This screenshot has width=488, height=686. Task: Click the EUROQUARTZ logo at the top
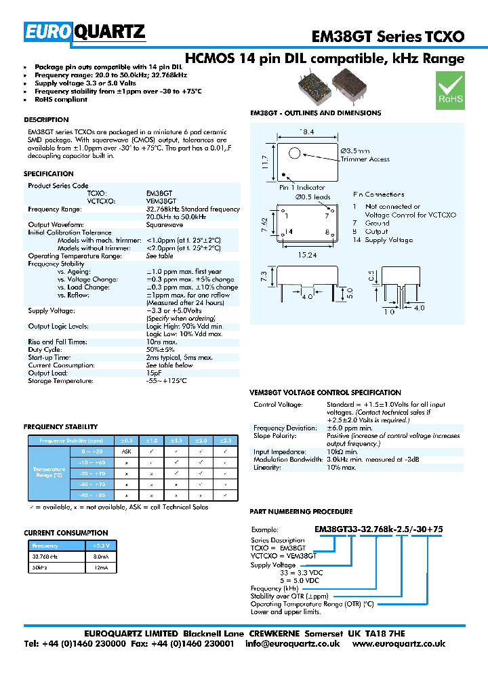click(85, 32)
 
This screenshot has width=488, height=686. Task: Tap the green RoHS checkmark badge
click(449, 92)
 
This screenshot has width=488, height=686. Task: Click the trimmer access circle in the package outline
click(294, 153)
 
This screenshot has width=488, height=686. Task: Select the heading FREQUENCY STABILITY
click(60, 427)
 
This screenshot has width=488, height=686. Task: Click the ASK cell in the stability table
click(126, 451)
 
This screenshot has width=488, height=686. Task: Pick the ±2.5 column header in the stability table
click(225, 440)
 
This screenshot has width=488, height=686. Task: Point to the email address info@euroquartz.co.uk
click(292, 643)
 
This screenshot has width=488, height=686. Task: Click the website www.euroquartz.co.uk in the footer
click(399, 643)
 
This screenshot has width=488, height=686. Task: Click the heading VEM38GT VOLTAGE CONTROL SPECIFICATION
click(325, 392)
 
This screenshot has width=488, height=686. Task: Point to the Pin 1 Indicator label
click(302, 188)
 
